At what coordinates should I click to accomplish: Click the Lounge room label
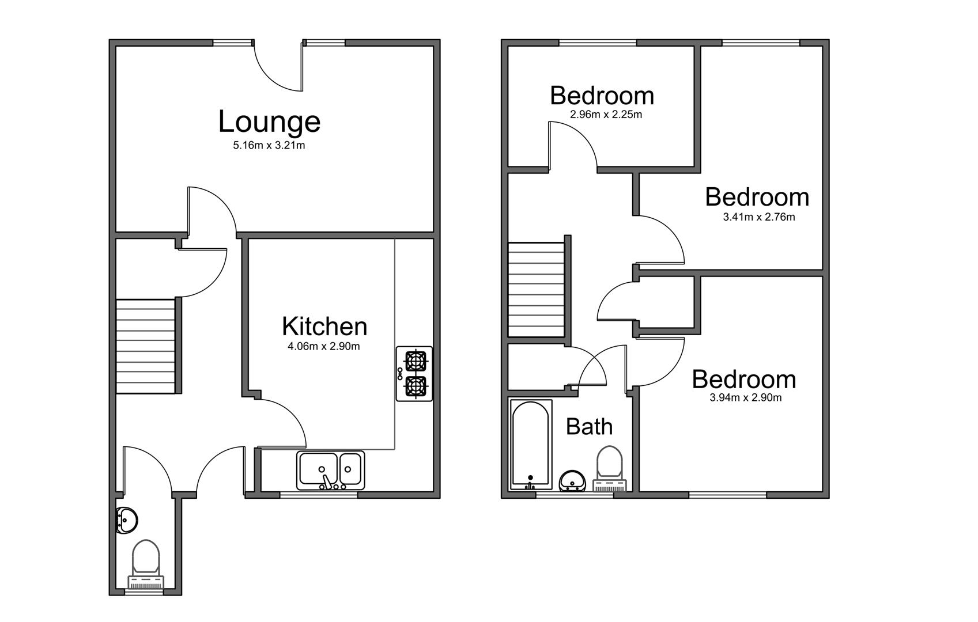click(269, 122)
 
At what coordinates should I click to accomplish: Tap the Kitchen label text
click(324, 327)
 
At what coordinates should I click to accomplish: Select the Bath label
click(589, 427)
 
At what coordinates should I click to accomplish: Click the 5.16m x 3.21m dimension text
click(269, 146)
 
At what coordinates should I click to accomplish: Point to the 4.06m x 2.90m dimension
click(324, 347)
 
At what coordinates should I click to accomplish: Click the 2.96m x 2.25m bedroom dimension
click(606, 115)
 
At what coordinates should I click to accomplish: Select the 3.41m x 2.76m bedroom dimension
click(758, 217)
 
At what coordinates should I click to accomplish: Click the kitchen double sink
click(330, 469)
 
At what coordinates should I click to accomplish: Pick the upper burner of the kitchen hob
click(416, 361)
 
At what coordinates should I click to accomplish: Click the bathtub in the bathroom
click(531, 445)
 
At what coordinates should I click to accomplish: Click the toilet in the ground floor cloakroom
click(145, 564)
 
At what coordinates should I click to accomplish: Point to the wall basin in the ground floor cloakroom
click(126, 521)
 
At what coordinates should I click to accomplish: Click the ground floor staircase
click(145, 346)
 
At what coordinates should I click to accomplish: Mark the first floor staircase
click(535, 290)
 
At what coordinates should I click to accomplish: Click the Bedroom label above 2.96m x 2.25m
click(602, 96)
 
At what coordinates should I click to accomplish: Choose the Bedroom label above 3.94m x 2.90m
click(744, 380)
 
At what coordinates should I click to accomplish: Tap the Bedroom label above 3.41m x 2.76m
click(757, 198)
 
